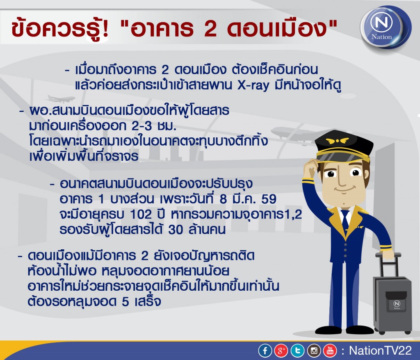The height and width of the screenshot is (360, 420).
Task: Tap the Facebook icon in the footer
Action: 265,351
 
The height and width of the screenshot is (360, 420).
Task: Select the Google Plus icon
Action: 281,351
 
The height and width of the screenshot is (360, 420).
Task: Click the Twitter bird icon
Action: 298,351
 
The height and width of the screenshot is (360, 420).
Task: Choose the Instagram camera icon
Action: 314,351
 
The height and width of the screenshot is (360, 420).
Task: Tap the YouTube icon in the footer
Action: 330,351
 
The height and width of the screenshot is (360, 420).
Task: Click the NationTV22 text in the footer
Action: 380,351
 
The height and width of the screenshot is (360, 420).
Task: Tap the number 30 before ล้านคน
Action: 176,230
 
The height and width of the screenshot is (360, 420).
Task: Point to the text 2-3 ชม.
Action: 154,126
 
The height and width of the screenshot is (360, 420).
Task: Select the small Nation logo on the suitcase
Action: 397,305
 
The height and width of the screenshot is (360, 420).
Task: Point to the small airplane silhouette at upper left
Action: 61,98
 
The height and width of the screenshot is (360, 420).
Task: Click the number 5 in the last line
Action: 126,302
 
